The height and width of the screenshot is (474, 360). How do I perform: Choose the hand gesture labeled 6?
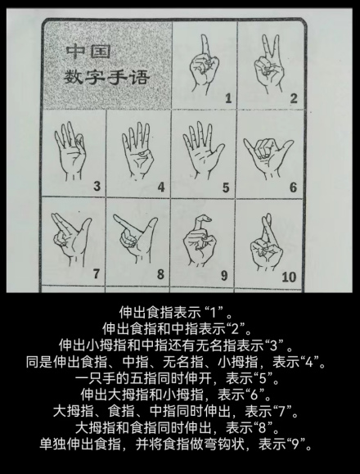tap(268, 152)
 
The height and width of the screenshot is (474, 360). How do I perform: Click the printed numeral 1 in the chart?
tap(227, 99)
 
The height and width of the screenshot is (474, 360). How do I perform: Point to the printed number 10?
tap(288, 277)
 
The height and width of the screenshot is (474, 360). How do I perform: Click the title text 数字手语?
tap(110, 79)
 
